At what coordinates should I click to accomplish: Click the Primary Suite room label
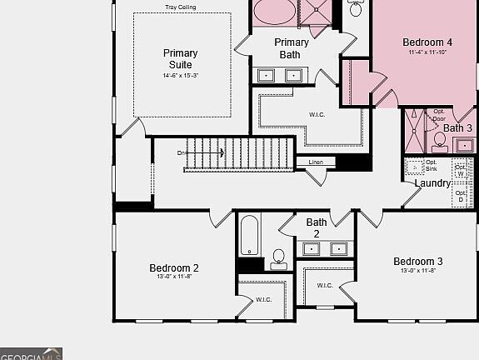coord(180,58)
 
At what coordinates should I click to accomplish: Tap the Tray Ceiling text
coord(181,7)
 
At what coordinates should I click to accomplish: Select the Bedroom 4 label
coord(427,42)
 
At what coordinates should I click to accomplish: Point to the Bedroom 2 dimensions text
coord(173,277)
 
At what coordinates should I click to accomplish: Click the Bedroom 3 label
coord(418,262)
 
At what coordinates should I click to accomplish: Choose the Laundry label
coord(432,183)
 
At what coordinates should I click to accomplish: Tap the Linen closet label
coord(316,162)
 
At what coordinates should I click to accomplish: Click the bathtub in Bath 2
coord(250,236)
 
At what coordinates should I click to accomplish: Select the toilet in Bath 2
coord(278,257)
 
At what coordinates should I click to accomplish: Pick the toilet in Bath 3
coord(440,141)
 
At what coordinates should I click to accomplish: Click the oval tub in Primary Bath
coord(274,12)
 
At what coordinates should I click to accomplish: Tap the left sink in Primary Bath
coord(266,75)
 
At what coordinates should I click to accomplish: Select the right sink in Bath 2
coord(338,248)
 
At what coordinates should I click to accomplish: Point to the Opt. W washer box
coord(461,169)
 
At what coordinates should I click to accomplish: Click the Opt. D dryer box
coord(461,197)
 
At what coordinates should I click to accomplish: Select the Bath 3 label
coord(457,128)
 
